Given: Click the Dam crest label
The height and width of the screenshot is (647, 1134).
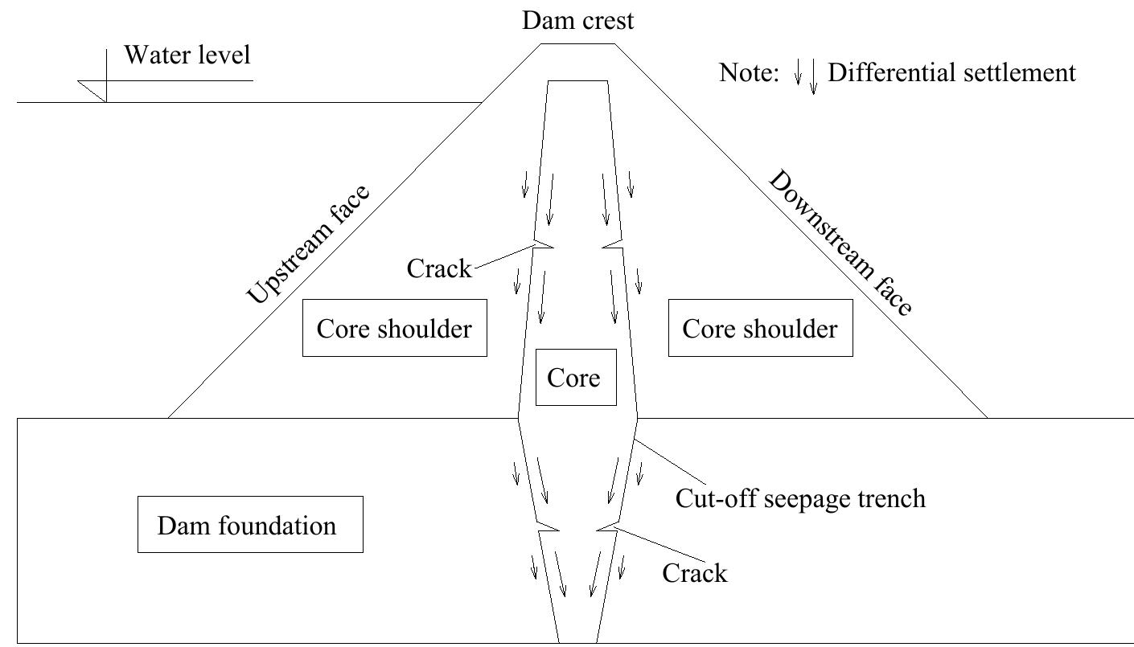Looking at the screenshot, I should (577, 20).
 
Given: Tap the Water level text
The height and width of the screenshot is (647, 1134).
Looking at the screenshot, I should (187, 55).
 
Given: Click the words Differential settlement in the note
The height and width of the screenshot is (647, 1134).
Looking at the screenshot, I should (951, 73).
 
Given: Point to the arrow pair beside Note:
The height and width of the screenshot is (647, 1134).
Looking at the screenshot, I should (805, 76).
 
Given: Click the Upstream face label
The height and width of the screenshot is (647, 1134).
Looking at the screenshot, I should (309, 245).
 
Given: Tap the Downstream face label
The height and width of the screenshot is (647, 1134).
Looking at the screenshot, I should (840, 243).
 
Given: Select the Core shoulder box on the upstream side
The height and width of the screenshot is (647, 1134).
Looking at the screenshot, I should (394, 328).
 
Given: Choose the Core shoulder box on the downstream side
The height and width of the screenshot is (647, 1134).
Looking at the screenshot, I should (760, 328).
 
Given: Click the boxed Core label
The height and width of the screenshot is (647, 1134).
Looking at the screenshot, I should (574, 377).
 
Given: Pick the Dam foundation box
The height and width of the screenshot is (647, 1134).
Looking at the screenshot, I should (249, 525).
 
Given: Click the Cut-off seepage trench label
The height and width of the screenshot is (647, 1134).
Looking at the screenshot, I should (800, 498).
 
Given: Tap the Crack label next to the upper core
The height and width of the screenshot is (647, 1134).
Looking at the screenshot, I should (439, 268).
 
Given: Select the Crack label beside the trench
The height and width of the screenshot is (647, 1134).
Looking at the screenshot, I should (694, 573).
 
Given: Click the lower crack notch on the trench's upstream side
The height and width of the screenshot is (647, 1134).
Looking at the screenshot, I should (548, 530).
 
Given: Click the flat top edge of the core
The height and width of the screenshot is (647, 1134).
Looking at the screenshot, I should (577, 80).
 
